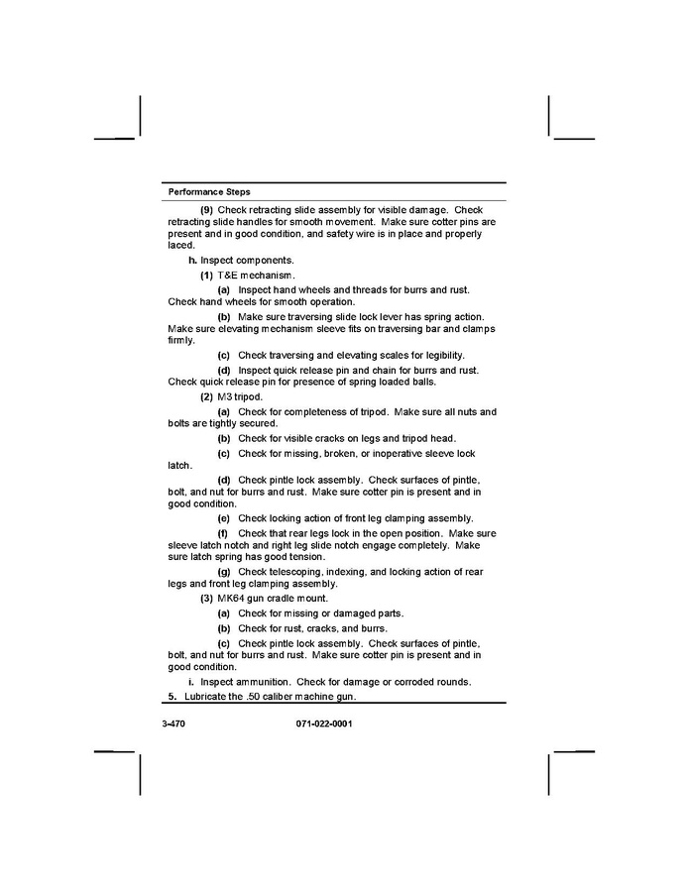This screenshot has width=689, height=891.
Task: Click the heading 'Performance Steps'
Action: [209, 191]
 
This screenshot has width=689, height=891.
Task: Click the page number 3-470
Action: [173, 724]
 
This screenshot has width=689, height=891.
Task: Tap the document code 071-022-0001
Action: [324, 724]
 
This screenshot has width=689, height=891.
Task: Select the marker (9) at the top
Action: [206, 210]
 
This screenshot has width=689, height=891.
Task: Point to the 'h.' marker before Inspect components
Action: [193, 260]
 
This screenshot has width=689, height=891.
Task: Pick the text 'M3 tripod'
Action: [240, 396]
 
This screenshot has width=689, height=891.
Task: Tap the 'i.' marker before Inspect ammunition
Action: [190, 682]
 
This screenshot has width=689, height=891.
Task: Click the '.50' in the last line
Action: [260, 698]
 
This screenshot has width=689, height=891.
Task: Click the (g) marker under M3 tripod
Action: [224, 572]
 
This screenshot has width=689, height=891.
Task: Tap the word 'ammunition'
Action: [264, 682]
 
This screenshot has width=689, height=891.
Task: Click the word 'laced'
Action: [180, 245]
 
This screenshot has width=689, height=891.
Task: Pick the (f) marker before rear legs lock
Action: [223, 533]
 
